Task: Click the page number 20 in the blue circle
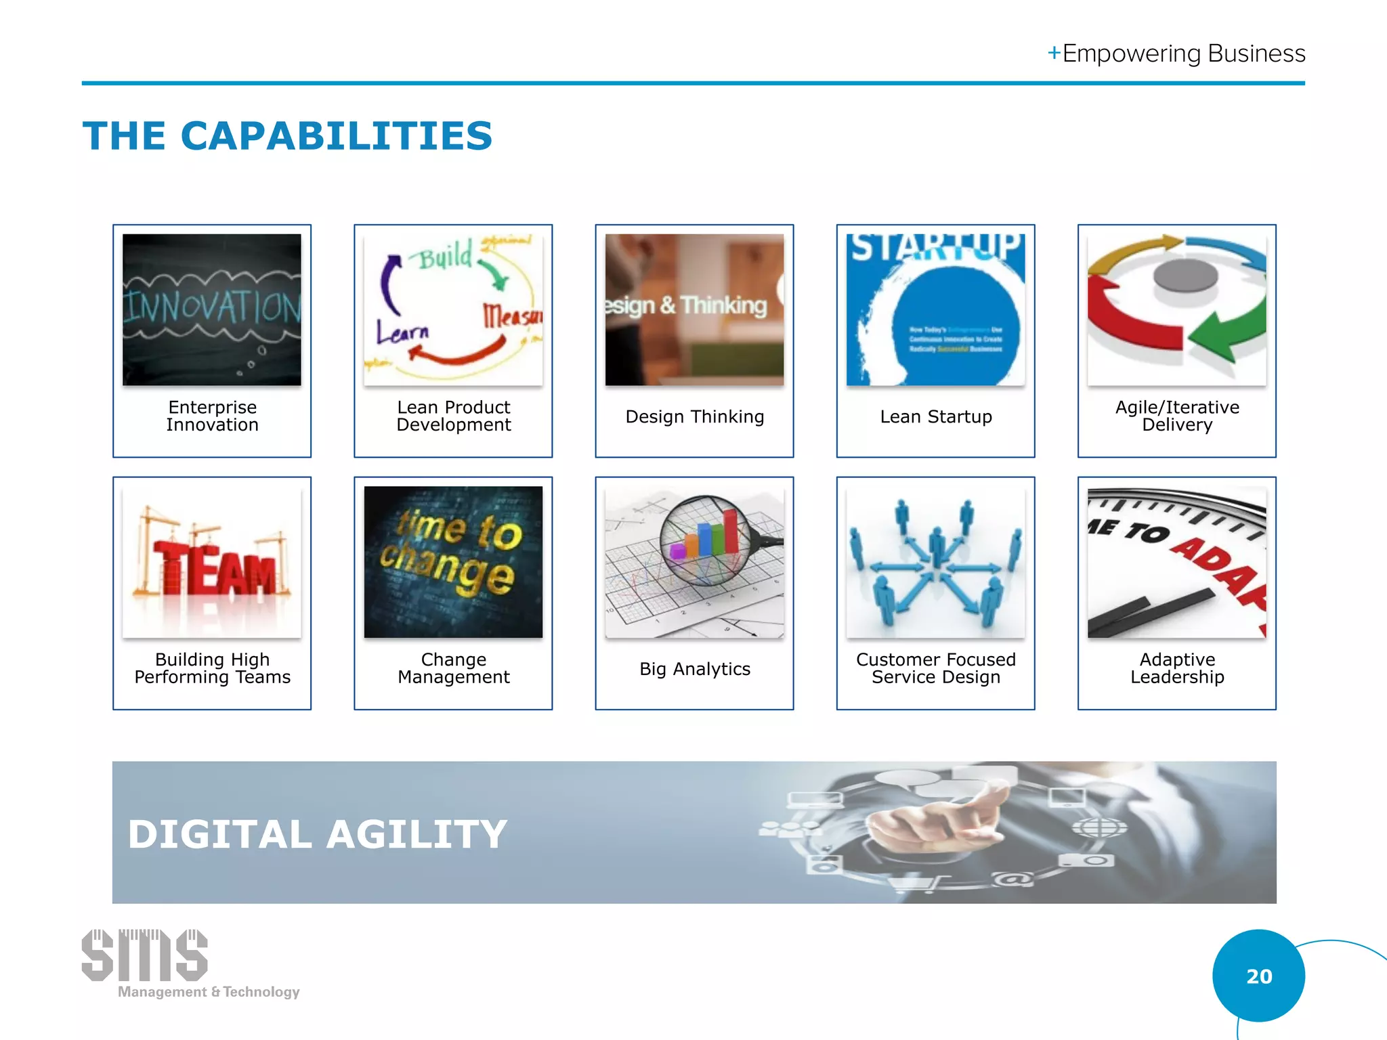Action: [x=1258, y=976]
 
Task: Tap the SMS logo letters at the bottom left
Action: [x=144, y=955]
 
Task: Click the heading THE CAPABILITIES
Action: [x=287, y=136]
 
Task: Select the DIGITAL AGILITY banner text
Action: [x=317, y=833]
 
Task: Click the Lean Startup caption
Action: [x=935, y=416]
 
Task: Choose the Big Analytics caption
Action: [x=694, y=669]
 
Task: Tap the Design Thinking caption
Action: [x=694, y=416]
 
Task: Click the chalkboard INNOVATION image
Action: [x=212, y=309]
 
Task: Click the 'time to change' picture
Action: [x=453, y=561]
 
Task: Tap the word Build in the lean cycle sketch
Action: [x=445, y=256]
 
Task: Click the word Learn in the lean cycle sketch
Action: [x=403, y=332]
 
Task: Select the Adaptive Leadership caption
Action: [x=1176, y=668]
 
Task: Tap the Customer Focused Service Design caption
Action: [x=935, y=668]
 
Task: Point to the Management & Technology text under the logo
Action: [x=209, y=992]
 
